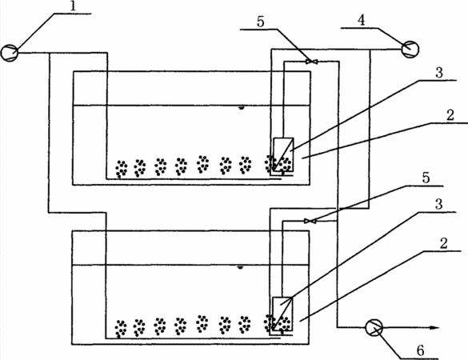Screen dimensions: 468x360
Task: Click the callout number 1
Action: tap(74, 6)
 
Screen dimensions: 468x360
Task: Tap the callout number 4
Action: tap(362, 21)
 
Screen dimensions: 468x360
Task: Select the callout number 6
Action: tap(421, 350)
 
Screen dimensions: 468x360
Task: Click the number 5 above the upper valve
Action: tap(261, 22)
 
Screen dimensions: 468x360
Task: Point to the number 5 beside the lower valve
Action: tap(426, 178)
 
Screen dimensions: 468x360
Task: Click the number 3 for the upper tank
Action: tap(439, 73)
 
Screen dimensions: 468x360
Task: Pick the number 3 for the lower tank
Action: tap(438, 205)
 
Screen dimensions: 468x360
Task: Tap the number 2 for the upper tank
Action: tap(450, 115)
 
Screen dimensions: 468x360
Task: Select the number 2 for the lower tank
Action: tap(444, 243)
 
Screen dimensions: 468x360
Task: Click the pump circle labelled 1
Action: tap(10, 53)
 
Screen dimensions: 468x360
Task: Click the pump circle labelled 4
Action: tap(410, 50)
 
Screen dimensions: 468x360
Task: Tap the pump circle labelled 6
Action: tap(374, 327)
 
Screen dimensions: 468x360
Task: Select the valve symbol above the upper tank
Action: tap(311, 62)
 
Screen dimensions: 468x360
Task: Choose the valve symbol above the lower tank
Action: tap(310, 221)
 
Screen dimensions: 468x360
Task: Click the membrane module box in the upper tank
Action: tap(283, 154)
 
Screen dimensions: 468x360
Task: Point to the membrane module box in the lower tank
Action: tap(282, 314)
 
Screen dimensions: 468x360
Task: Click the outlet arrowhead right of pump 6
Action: tap(434, 328)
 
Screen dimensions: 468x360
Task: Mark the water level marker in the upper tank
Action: tap(241, 108)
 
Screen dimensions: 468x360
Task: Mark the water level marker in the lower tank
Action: tap(240, 268)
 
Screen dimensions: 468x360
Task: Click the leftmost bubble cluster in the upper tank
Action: tap(122, 169)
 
